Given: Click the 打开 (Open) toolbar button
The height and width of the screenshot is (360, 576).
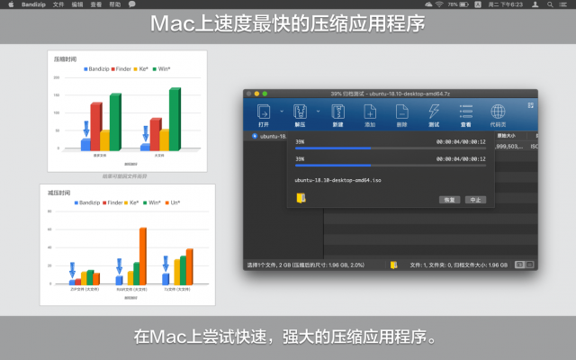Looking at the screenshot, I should (264, 114).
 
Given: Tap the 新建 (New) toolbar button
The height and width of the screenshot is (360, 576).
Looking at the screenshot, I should (338, 114).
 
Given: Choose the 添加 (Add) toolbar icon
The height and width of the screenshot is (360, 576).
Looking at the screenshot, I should (370, 114).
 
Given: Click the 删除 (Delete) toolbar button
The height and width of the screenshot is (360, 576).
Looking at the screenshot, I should (401, 114).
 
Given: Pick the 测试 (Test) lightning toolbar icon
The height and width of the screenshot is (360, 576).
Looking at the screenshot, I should (434, 114).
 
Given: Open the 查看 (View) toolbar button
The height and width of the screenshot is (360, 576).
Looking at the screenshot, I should (466, 114).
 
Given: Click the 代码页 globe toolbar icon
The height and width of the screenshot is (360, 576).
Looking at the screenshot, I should (498, 114).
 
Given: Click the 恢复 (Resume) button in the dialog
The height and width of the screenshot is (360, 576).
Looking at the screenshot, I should (450, 199).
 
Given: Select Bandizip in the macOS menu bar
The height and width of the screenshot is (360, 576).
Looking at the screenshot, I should (33, 4).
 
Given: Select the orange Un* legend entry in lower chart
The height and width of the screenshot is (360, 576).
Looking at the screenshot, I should (175, 202).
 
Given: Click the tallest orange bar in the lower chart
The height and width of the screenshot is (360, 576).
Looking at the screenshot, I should (142, 256).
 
